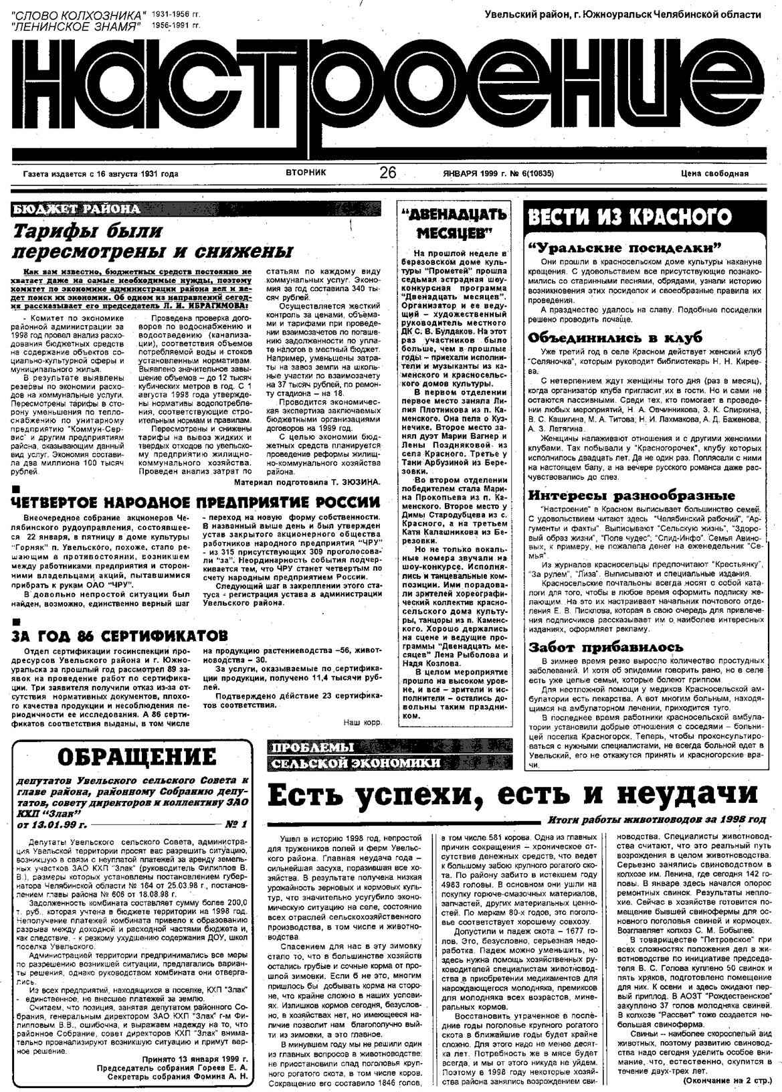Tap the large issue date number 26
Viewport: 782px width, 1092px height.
point(388,173)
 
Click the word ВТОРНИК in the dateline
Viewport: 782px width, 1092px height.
point(306,173)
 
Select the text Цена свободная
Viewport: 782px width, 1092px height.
point(714,174)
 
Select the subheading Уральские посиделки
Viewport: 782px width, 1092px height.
point(623,247)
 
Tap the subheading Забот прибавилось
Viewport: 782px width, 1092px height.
point(606,647)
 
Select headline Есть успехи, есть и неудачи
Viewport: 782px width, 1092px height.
point(512,795)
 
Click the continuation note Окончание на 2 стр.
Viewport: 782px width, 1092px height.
point(724,1081)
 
